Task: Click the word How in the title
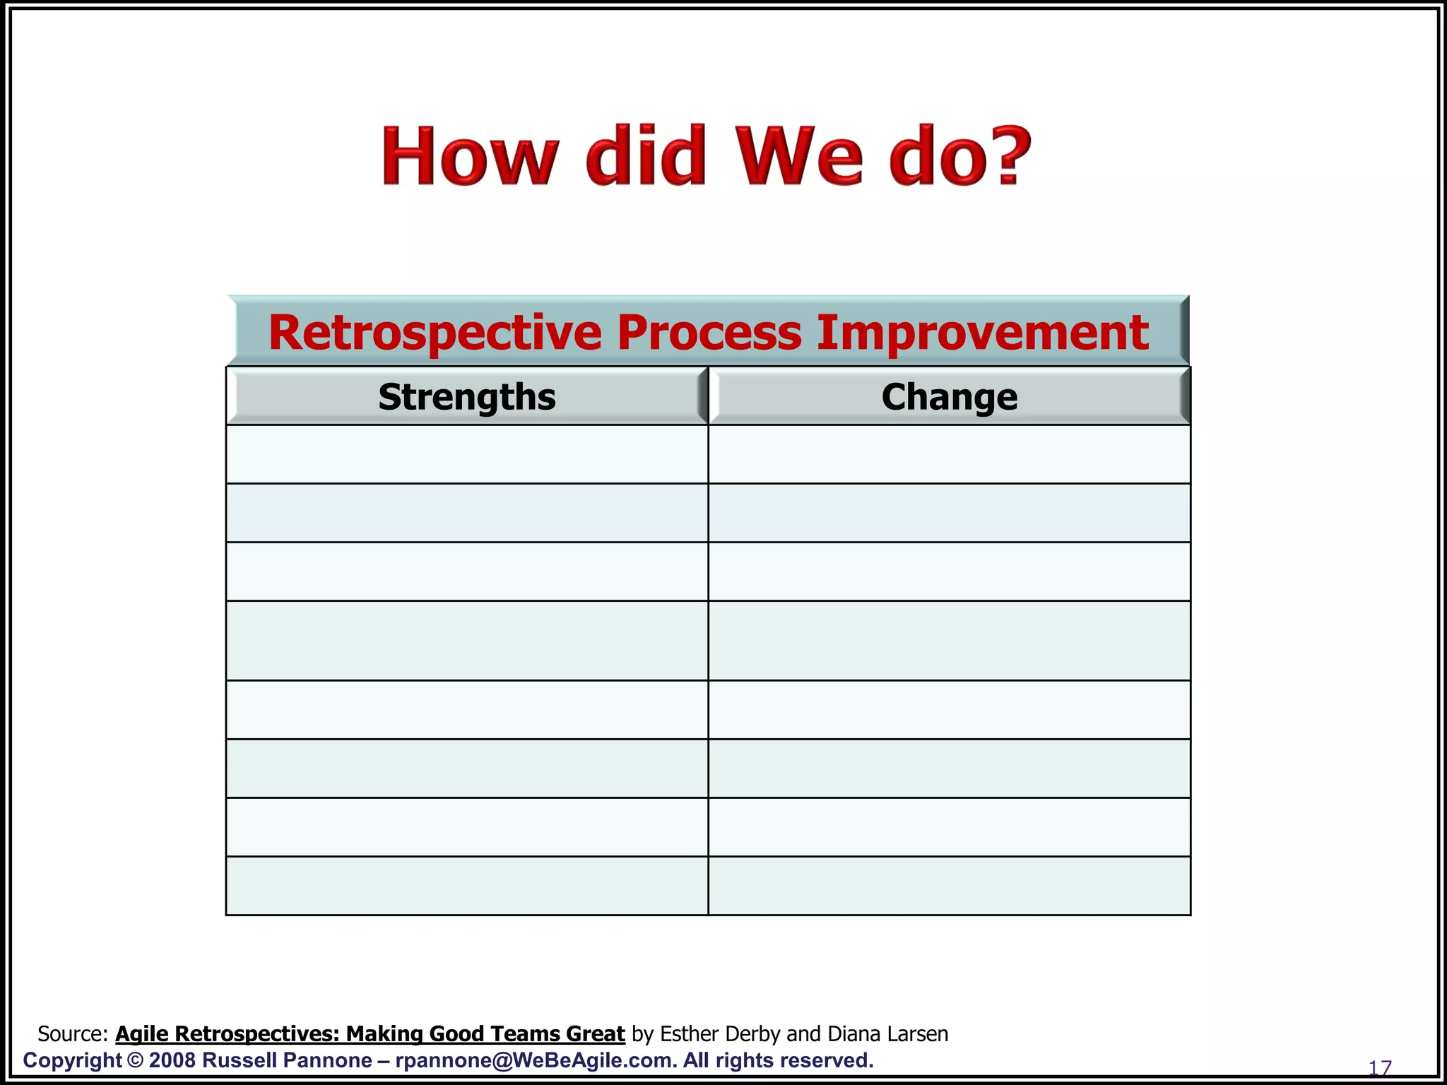pyautogui.click(x=470, y=156)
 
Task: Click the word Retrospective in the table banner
pyautogui.click(x=435, y=333)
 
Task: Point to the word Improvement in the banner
pyautogui.click(x=983, y=333)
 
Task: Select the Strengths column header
pyautogui.click(x=467, y=397)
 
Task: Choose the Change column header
pyautogui.click(x=949, y=397)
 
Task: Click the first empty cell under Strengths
pyautogui.click(x=467, y=454)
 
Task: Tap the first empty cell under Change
pyautogui.click(x=949, y=454)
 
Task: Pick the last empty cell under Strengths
pyautogui.click(x=467, y=886)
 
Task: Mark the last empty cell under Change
pyautogui.click(x=949, y=886)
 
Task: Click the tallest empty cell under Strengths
pyautogui.click(x=467, y=641)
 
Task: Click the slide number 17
pyautogui.click(x=1379, y=1068)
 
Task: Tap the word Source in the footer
pyautogui.click(x=71, y=1034)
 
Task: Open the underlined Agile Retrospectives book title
pyautogui.click(x=370, y=1034)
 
